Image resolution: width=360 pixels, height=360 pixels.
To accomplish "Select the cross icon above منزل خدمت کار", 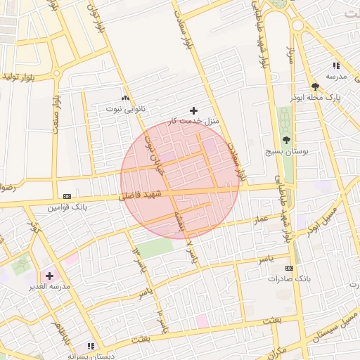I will pyautogui.click(x=194, y=110).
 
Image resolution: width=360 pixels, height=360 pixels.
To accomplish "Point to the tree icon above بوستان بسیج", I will pyautogui.click(x=286, y=140).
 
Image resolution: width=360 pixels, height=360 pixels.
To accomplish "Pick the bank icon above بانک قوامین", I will pyautogui.click(x=67, y=195).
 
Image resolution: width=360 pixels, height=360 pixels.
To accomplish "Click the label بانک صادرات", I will pyautogui.click(x=288, y=279).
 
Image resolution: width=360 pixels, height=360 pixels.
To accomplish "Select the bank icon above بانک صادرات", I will pyautogui.click(x=289, y=268).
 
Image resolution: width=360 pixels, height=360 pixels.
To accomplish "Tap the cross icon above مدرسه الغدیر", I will pyautogui.click(x=49, y=276).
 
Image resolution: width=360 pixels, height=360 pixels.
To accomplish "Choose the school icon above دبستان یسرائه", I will pyautogui.click(x=90, y=346).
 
